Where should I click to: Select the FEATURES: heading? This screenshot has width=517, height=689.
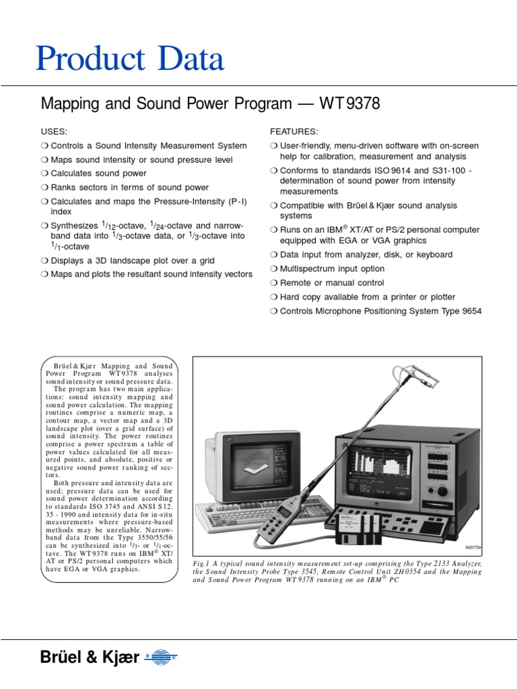pyautogui.click(x=294, y=131)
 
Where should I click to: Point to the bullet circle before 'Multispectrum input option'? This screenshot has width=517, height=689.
pyautogui.click(x=273, y=269)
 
